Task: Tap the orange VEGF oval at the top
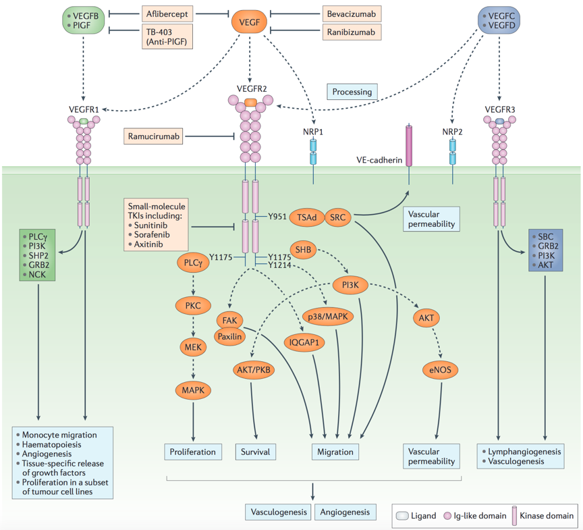coord(250,24)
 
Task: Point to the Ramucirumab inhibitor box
coord(155,136)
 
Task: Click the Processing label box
coord(352,91)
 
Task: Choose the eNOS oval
coord(441,369)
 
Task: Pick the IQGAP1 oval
coord(304,342)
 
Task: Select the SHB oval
coord(304,250)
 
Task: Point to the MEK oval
coord(193,348)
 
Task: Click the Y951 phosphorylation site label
coord(277,217)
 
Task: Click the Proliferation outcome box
coord(193,452)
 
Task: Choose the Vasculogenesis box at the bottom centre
coord(278,512)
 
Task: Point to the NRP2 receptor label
coord(453,131)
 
